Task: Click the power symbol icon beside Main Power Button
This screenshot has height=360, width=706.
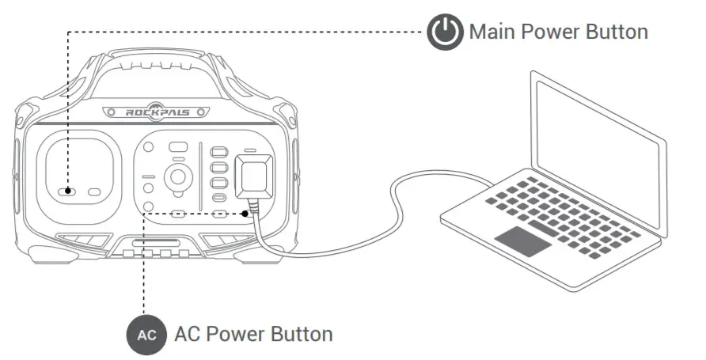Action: pyautogui.click(x=444, y=32)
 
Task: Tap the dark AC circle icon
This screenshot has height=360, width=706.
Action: pyautogui.click(x=146, y=334)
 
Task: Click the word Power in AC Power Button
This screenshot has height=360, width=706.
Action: pyautogui.click(x=233, y=334)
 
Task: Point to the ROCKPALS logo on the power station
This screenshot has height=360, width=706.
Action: pyautogui.click(x=158, y=112)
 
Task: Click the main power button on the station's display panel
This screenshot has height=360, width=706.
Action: pyautogui.click(x=70, y=191)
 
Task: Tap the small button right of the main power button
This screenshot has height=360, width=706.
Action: pyautogui.click(x=94, y=191)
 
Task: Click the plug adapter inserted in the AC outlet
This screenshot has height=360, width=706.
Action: pyautogui.click(x=254, y=176)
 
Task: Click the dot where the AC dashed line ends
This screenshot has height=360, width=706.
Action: pyautogui.click(x=249, y=213)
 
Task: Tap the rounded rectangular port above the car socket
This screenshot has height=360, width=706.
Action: pyautogui.click(x=178, y=147)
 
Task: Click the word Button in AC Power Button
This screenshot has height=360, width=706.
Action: pyautogui.click(x=302, y=334)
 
